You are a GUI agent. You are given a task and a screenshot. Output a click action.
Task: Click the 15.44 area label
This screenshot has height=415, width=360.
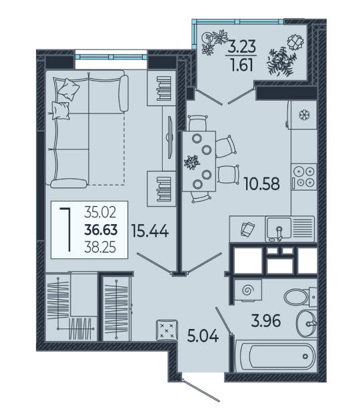pyautogui.click(x=150, y=231)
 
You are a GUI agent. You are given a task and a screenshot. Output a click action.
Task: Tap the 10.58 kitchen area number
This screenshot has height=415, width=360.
pyautogui.click(x=261, y=184)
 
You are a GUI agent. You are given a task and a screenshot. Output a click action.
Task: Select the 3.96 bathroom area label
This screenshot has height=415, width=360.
pyautogui.click(x=265, y=321)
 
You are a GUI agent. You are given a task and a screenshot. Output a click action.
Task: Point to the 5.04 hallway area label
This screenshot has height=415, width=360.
pyautogui.click(x=203, y=336)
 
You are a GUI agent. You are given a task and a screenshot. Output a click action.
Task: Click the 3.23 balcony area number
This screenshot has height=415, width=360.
pyautogui.click(x=242, y=46)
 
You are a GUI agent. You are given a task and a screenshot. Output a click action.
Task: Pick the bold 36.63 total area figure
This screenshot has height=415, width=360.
pyautogui.click(x=101, y=230)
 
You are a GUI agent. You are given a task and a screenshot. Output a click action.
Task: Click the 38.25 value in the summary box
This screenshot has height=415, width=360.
pyautogui.click(x=100, y=248)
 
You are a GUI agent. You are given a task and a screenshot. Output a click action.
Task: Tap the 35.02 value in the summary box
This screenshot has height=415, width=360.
pyautogui.click(x=100, y=212)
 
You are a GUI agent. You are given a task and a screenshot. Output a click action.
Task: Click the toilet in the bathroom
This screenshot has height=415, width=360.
pyautogui.click(x=301, y=297)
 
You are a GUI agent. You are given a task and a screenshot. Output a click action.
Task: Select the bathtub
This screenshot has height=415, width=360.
pyautogui.click(x=276, y=356)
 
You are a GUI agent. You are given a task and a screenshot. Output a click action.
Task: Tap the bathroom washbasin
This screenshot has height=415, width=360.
pyautogui.click(x=306, y=324)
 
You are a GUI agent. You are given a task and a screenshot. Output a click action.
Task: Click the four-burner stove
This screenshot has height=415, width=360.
pyautogui.click(x=304, y=177)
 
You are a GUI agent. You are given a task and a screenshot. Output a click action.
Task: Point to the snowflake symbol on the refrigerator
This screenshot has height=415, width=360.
pyautogui.click(x=304, y=115)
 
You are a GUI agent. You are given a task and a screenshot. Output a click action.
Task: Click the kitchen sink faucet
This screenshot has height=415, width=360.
pyautogui.click(x=279, y=234)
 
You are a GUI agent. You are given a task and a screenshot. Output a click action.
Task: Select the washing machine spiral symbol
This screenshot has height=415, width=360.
pyautogui.click(x=247, y=290)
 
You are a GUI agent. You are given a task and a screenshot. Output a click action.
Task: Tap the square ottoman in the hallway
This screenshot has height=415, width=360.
pyautogui.click(x=167, y=330)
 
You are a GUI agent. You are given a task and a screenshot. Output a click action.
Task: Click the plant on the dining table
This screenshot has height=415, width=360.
pyautogui.click(x=192, y=162)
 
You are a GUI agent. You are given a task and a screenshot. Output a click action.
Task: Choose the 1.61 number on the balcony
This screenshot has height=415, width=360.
pyautogui.click(x=242, y=65)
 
